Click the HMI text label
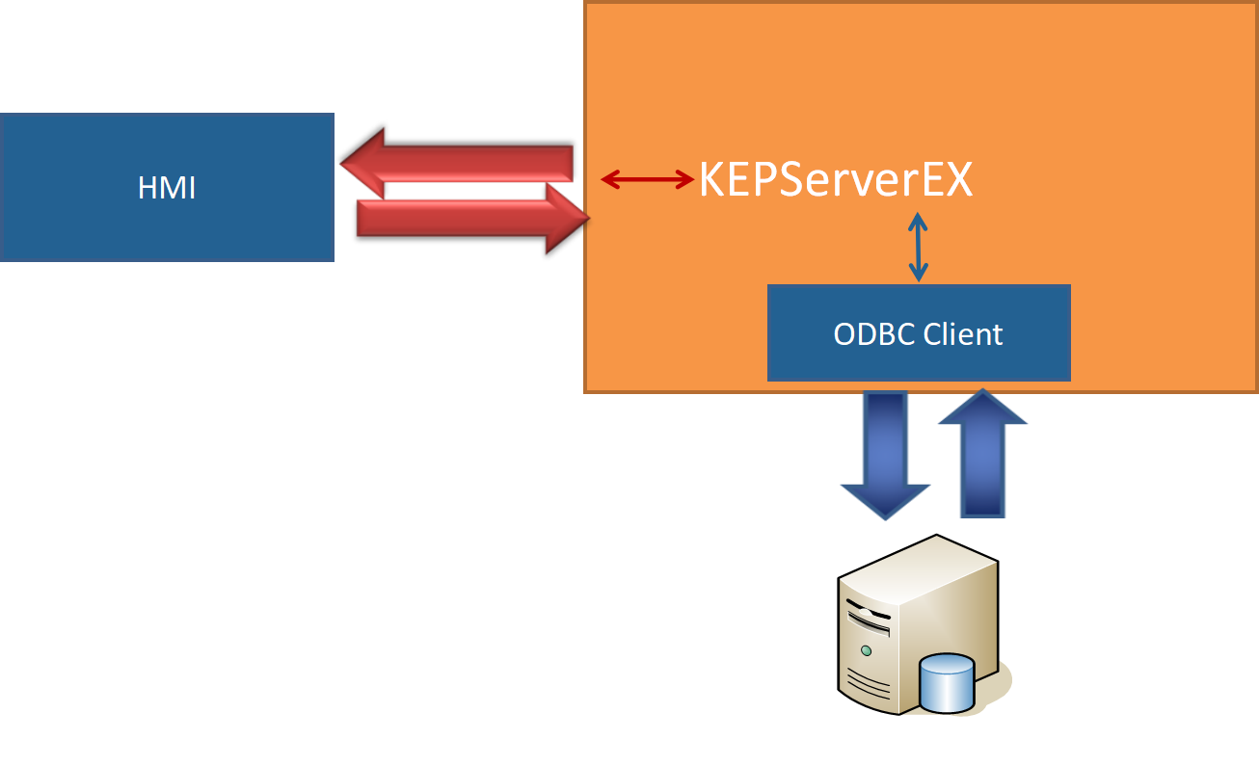pyautogui.click(x=167, y=188)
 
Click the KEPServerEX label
pyautogui.click(x=835, y=179)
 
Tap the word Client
pyautogui.click(x=963, y=333)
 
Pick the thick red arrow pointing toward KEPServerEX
pyautogui.click(x=463, y=219)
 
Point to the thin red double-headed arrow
pyautogui.click(x=647, y=178)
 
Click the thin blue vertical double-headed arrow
pyautogui.click(x=918, y=248)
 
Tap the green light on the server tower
pyautogui.click(x=866, y=651)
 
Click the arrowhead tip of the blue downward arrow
pyautogui.click(x=885, y=518)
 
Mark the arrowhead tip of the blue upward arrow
pyautogui.click(x=982, y=391)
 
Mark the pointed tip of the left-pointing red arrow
pyautogui.click(x=344, y=163)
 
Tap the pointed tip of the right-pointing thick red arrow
pyautogui.click(x=587, y=220)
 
